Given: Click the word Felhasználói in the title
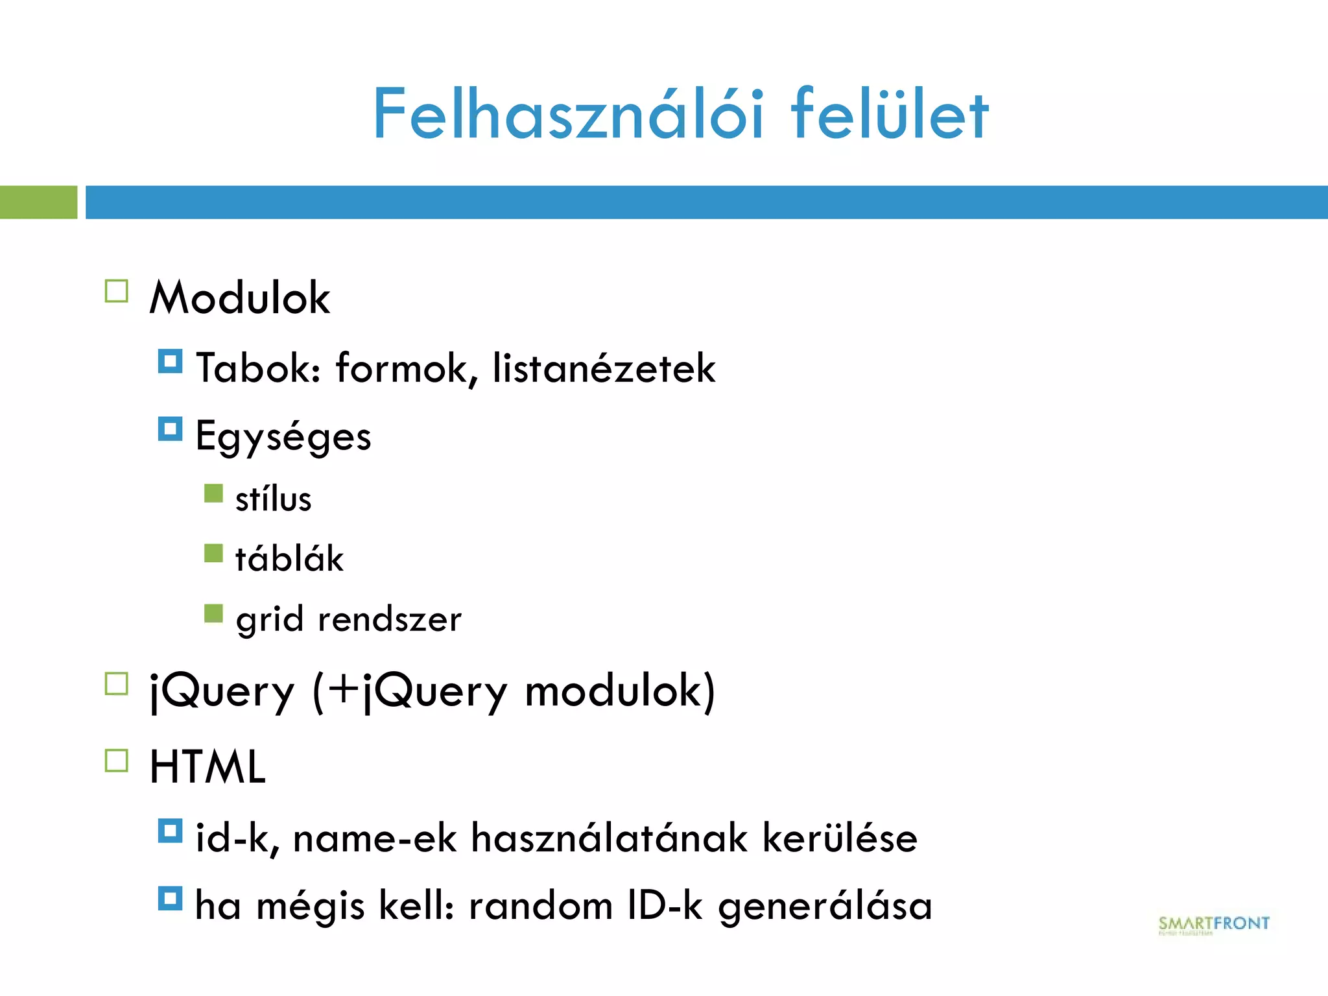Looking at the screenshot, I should click(568, 115).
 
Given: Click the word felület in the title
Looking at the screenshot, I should click(890, 115).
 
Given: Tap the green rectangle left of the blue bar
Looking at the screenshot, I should click(38, 202).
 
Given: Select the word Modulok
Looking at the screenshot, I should click(240, 298).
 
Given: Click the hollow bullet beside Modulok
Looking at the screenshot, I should click(117, 291).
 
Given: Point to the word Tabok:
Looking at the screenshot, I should click(258, 368).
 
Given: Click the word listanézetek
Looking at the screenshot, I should click(604, 368).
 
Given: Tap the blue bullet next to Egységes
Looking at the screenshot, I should click(170, 429).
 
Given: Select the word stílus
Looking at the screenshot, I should click(273, 499).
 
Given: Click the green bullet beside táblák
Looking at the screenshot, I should click(213, 553).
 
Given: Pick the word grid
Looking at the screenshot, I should click(270, 619).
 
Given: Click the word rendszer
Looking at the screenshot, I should click(390, 619).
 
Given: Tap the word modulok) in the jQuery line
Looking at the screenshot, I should click(620, 691).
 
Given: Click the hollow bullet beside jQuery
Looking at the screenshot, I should click(117, 684).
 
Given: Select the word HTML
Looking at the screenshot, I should click(207, 767).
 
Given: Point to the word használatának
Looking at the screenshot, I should click(609, 838).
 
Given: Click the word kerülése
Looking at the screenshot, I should click(840, 838).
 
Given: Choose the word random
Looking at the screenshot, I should click(541, 906).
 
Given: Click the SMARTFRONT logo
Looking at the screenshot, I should click(1213, 924).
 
